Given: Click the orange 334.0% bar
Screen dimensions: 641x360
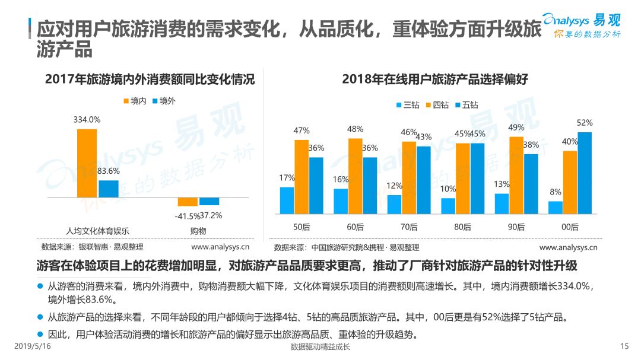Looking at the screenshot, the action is tap(87, 164).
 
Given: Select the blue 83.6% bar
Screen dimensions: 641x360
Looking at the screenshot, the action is tap(109, 189).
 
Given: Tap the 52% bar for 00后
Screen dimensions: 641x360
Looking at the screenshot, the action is tap(585, 173).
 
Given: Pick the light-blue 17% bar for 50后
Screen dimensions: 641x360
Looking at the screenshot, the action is tap(287, 200).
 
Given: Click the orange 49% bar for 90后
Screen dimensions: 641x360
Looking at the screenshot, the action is tap(516, 176).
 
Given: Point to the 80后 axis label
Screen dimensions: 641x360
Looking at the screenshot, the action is tap(462, 227).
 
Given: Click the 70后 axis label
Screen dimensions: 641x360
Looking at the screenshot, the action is tap(409, 227).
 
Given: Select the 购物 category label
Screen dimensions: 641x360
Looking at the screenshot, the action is tap(198, 231).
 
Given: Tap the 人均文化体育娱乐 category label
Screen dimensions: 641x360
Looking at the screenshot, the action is tap(98, 231).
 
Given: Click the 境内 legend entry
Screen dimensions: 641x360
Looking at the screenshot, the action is tap(135, 101).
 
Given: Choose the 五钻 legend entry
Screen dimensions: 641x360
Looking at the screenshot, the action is tap(467, 105).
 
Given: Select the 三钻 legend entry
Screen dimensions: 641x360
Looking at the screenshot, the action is tap(408, 105).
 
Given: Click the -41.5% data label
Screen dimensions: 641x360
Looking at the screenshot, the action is tap(187, 216).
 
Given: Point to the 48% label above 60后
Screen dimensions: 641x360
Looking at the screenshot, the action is tap(355, 129).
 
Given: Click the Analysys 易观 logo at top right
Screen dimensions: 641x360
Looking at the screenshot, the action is tap(582, 26).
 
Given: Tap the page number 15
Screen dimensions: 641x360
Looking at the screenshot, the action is tap(624, 346).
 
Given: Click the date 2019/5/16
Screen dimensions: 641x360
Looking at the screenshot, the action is tap(33, 346).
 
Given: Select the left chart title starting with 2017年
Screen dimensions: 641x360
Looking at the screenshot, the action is tap(150, 79).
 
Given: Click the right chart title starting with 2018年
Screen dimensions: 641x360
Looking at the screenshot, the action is tap(435, 79).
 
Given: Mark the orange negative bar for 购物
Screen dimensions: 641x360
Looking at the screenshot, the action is tap(188, 202).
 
